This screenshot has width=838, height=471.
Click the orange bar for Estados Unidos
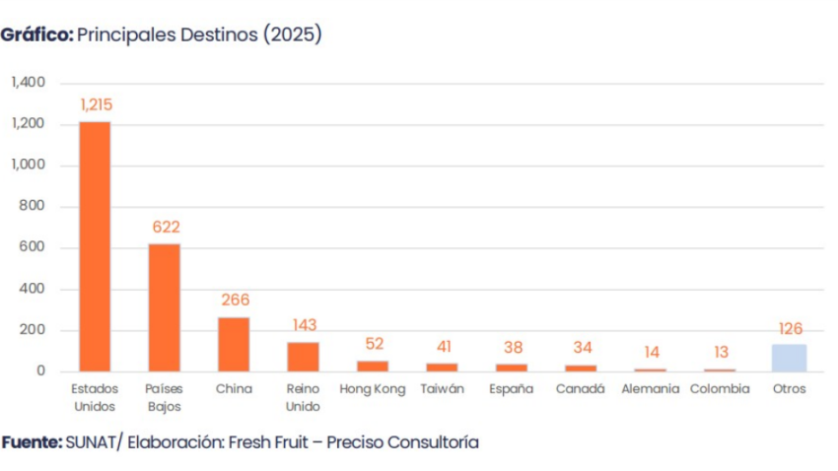click(x=95, y=246)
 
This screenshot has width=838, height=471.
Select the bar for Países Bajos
click(x=164, y=307)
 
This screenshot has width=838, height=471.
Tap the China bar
click(x=234, y=344)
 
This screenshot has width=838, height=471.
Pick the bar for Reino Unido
click(x=303, y=356)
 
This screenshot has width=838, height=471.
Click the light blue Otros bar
click(x=789, y=358)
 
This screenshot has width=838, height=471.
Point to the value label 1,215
click(x=96, y=104)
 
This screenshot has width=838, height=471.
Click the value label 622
click(x=166, y=228)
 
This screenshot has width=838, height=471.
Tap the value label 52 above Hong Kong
click(x=374, y=344)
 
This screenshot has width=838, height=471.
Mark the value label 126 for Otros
click(x=791, y=328)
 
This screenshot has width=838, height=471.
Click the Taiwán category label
click(x=442, y=389)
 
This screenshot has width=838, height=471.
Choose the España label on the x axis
click(x=511, y=389)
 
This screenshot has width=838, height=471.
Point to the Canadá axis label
click(x=580, y=389)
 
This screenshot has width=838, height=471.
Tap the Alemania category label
click(x=650, y=389)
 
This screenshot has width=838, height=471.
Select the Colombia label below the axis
click(x=720, y=389)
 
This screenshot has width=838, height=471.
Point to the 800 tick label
click(x=34, y=207)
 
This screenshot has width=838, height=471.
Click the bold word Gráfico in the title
click(x=36, y=34)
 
